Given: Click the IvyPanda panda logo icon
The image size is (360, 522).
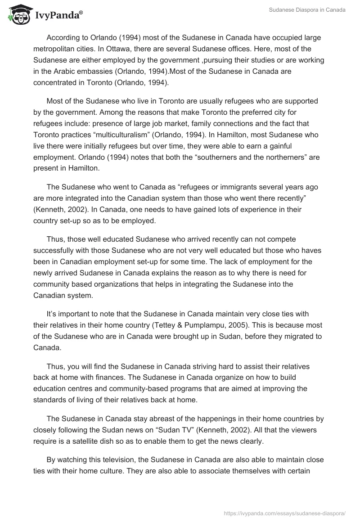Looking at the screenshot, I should pos(17,15).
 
